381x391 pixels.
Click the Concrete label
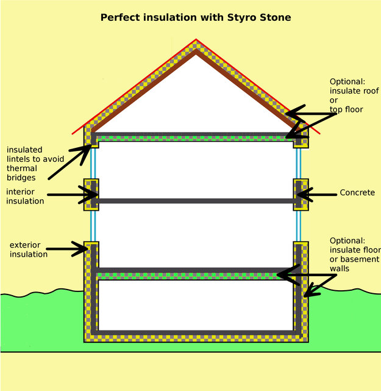click(x=357, y=192)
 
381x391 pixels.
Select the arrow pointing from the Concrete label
click(x=317, y=194)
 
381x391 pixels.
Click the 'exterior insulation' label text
click(x=29, y=249)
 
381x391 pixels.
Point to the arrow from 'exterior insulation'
click(x=67, y=249)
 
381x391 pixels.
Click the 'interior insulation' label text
click(x=25, y=196)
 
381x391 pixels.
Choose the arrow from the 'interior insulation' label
click(x=73, y=194)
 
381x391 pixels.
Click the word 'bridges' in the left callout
click(x=21, y=178)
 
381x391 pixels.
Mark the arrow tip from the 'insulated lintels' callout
click(x=91, y=145)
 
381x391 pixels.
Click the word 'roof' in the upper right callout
click(x=371, y=91)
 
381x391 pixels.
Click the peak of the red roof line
click(x=196, y=39)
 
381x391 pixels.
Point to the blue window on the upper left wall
click(x=93, y=163)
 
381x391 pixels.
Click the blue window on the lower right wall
click(x=299, y=226)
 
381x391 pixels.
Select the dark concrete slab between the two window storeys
click(x=196, y=201)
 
